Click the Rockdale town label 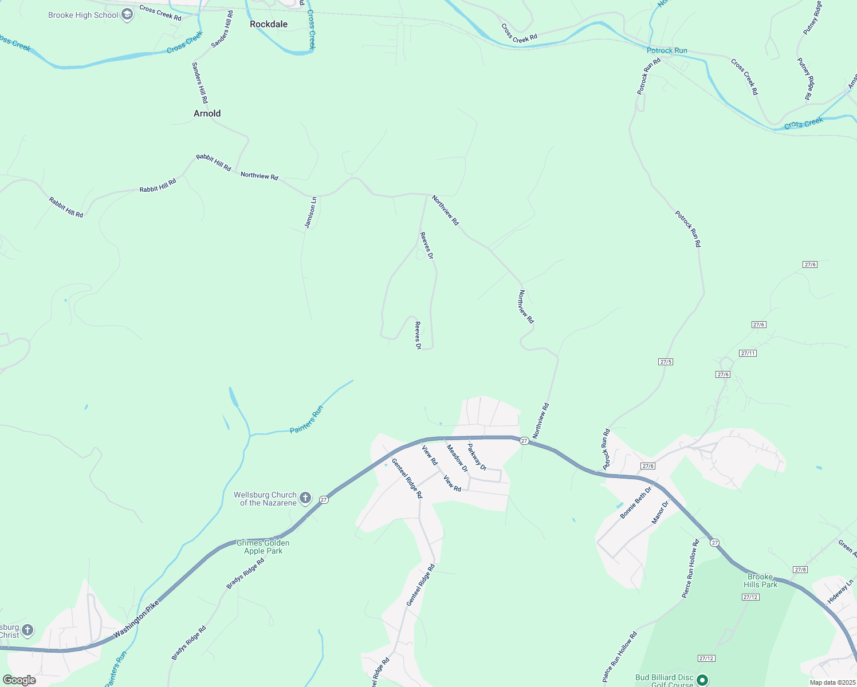(x=269, y=24)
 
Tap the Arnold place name (x=207, y=113)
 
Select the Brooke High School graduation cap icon (x=128, y=15)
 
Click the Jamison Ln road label (x=310, y=212)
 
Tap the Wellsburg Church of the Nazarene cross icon (x=305, y=498)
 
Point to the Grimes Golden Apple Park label (x=263, y=547)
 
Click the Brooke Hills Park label (x=760, y=581)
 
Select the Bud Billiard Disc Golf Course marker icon (x=702, y=680)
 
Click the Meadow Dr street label (x=457, y=459)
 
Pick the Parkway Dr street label (x=477, y=457)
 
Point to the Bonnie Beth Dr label (x=636, y=503)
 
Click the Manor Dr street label (x=660, y=513)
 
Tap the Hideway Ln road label (x=840, y=592)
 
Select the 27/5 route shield (x=666, y=362)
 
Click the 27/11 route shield (x=748, y=353)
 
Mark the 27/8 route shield (x=800, y=570)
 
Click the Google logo (x=19, y=680)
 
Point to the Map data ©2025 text (x=831, y=682)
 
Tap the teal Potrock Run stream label (x=667, y=50)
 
